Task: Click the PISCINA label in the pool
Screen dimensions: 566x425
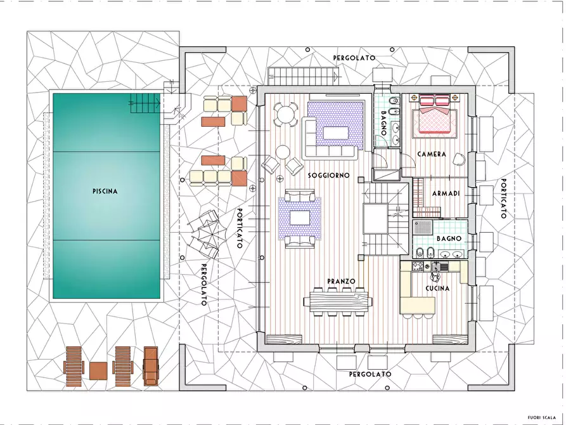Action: point(105,191)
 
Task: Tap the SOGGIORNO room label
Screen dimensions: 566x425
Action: point(328,175)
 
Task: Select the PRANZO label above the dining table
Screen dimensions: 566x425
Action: point(341,281)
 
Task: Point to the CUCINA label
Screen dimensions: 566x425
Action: point(437,289)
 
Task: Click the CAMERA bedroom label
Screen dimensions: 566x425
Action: point(432,154)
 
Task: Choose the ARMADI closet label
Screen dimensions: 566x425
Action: point(446,193)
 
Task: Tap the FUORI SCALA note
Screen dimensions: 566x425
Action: point(541,418)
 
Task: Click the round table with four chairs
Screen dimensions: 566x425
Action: point(285,115)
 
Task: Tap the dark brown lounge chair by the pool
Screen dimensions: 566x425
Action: point(150,367)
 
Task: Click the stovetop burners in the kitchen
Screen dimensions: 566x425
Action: point(418,266)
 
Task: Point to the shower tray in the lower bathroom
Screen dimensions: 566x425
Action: point(423,228)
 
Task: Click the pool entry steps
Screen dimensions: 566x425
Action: point(145,103)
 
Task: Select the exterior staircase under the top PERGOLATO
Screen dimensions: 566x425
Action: point(304,76)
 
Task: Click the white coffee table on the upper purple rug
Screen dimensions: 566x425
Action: point(336,133)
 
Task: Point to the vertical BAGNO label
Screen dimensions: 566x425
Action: point(383,123)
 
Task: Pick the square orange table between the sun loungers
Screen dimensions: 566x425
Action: point(98,371)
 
